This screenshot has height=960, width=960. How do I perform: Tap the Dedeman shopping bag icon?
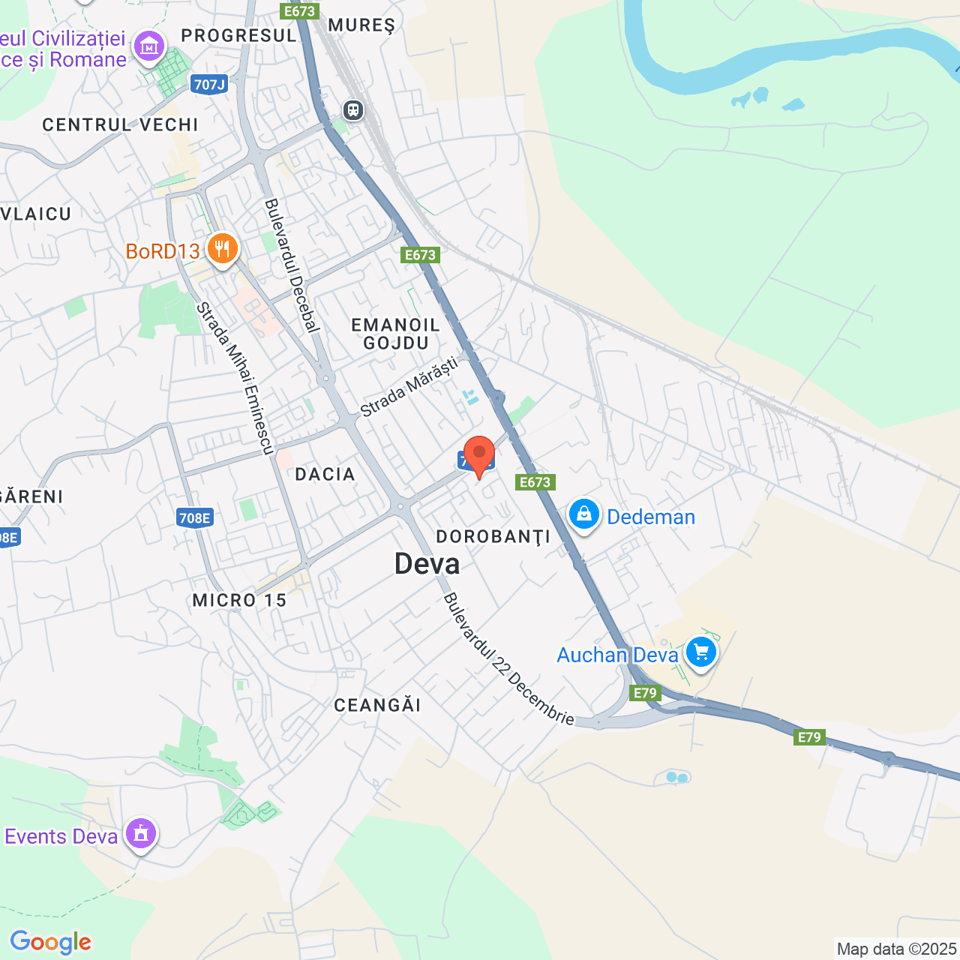pyautogui.click(x=583, y=514)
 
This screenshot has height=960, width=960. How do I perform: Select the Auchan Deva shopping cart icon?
pyautogui.click(x=700, y=652)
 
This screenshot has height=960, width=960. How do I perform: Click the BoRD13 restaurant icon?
pyautogui.click(x=222, y=248)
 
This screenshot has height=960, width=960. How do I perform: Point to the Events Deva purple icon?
pyautogui.click(x=140, y=833)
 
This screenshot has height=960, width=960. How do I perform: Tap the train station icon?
pyautogui.click(x=353, y=110)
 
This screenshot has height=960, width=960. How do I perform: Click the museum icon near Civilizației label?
pyautogui.click(x=148, y=46)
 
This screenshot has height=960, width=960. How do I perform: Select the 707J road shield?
pyautogui.click(x=209, y=84)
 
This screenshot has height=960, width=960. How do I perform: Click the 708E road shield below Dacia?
pyautogui.click(x=195, y=517)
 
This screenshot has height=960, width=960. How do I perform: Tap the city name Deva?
pyautogui.click(x=427, y=564)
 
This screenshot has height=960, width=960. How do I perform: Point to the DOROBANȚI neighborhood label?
pyautogui.click(x=493, y=537)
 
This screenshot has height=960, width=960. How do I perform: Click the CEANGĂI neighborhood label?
pyautogui.click(x=377, y=705)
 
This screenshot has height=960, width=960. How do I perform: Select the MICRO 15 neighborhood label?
pyautogui.click(x=239, y=600)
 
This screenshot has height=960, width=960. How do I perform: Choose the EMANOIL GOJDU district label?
pyautogui.click(x=395, y=334)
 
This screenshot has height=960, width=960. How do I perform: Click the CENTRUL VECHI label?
pyautogui.click(x=120, y=124)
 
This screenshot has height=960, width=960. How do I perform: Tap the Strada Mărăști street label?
pyautogui.click(x=409, y=387)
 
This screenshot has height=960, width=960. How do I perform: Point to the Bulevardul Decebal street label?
pyautogui.click(x=292, y=265)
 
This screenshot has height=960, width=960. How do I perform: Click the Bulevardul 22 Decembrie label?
pyautogui.click(x=508, y=659)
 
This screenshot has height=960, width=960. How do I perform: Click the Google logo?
pyautogui.click(x=50, y=942)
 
